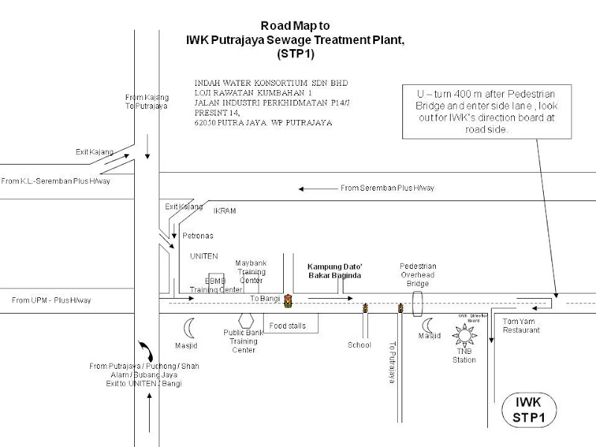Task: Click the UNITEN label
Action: tap(203, 256)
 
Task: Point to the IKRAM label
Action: tap(224, 211)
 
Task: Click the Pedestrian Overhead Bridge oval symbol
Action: tap(417, 303)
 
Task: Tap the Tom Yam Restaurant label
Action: tap(521, 326)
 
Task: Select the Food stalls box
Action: tap(290, 323)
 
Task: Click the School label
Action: tap(359, 345)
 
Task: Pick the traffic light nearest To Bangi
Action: tap(289, 299)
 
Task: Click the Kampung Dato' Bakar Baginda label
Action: tap(335, 271)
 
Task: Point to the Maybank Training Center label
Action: tap(251, 272)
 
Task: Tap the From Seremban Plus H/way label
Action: tap(387, 188)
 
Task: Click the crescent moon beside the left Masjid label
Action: tap(190, 326)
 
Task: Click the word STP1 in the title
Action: tap(297, 55)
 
